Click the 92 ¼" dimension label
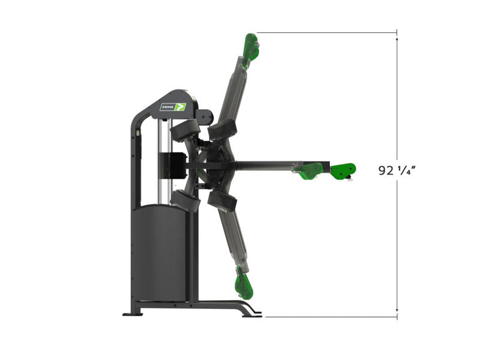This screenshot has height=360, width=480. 397,170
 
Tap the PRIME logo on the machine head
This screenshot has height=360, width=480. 173,107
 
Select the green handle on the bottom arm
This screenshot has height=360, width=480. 244,283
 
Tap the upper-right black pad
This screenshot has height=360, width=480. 223,130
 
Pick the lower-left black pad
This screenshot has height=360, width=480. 185,201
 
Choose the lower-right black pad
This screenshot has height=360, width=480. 223,201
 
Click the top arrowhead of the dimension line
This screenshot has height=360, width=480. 397,39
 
